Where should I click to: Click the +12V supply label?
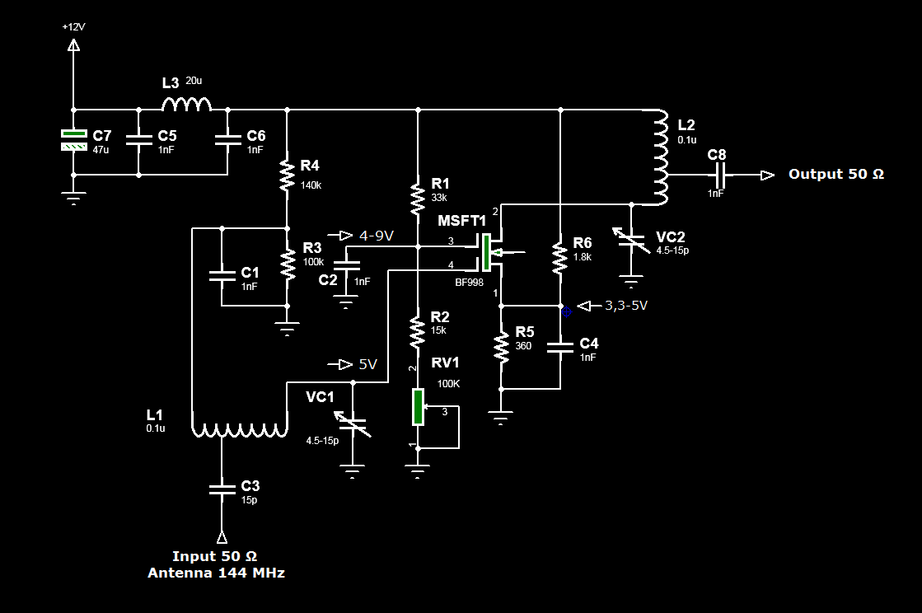(73, 27)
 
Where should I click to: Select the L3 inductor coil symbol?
(186, 104)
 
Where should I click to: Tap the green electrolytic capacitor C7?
(74, 140)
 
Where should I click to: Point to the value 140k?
(311, 185)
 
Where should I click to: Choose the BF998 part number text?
(469, 282)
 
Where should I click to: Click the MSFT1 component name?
(462, 221)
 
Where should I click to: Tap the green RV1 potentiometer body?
(418, 406)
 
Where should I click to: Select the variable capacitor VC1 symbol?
(353, 423)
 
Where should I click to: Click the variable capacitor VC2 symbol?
(631, 241)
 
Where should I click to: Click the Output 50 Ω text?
(836, 174)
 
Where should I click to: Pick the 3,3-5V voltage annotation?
(626, 306)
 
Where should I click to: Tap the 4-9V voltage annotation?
(377, 236)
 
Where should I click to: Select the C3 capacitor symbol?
(222, 489)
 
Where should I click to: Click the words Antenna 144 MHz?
(217, 573)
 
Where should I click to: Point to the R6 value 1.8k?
(583, 257)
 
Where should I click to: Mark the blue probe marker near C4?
(567, 312)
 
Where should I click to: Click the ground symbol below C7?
(73, 198)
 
